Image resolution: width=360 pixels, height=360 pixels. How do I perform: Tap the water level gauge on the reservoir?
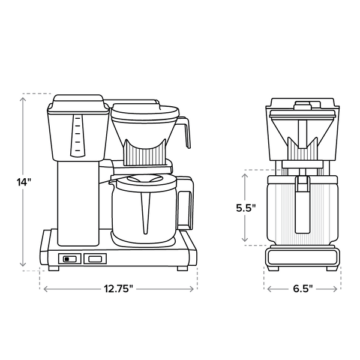(76, 135)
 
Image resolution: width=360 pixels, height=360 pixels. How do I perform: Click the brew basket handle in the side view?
(187, 132)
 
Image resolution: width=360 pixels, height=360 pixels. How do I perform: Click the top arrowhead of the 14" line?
(23, 98)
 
